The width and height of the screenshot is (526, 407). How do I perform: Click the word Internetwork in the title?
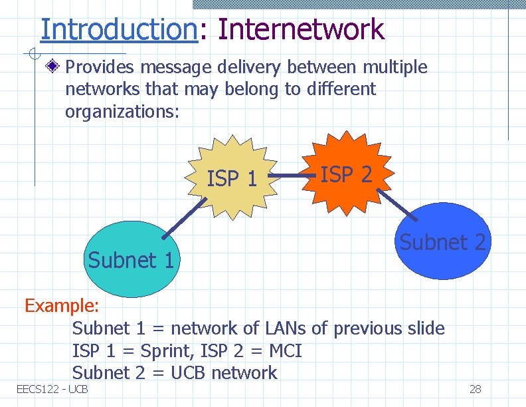click(300, 29)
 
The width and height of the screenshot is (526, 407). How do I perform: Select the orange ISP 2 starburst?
click(345, 173)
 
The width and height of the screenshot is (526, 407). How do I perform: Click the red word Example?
click(62, 306)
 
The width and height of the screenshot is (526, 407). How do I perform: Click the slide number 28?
click(475, 389)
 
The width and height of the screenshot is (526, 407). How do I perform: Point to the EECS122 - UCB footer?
click(52, 389)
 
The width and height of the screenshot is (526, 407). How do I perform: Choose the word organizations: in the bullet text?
click(122, 112)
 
